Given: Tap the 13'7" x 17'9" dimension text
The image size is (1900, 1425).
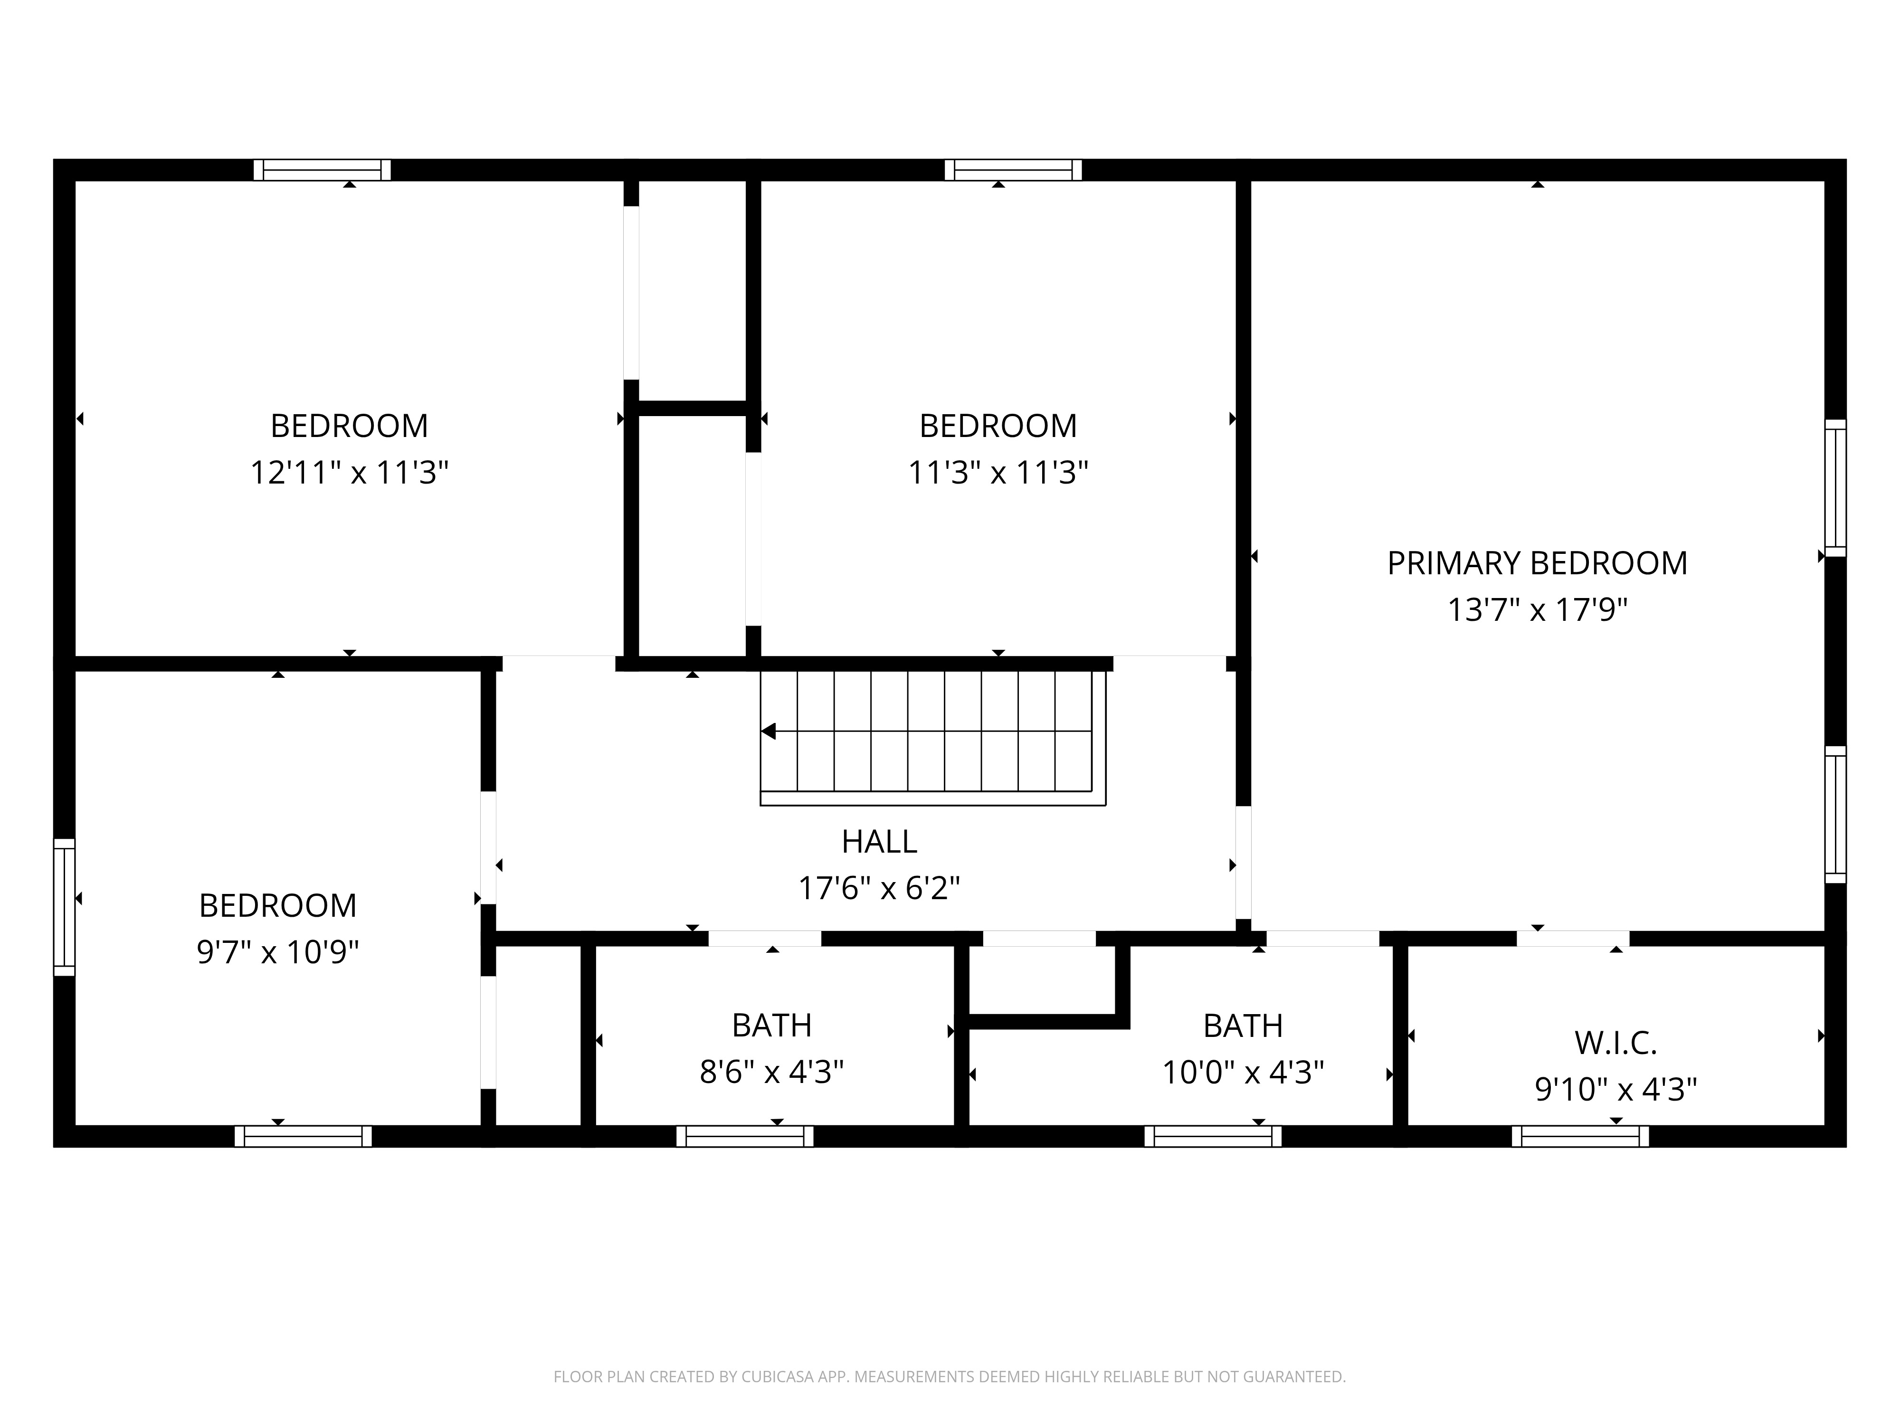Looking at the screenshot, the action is tap(1538, 610).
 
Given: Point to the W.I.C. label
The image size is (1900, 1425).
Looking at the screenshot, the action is tap(1615, 1043).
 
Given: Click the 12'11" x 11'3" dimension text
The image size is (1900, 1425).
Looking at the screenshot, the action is tap(350, 473).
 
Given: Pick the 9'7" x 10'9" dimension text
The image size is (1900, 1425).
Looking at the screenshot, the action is tap(277, 952).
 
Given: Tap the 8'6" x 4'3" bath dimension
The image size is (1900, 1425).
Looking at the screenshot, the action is tap(771, 1072).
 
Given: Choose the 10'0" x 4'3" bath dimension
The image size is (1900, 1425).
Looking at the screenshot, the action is tap(1243, 1072).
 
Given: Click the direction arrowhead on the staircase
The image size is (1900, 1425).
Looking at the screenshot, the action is tap(769, 731).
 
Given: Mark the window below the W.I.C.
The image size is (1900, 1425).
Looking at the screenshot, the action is tap(1580, 1136).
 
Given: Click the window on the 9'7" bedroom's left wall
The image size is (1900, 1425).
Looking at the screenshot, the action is tap(65, 907).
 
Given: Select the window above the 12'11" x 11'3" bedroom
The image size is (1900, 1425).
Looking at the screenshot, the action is tap(322, 170).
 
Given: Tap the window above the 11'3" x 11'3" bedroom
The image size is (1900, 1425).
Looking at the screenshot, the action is tap(1014, 170).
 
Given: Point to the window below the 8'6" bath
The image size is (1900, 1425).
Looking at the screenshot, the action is tap(745, 1136).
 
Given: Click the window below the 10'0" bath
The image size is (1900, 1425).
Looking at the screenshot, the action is tap(1213, 1136).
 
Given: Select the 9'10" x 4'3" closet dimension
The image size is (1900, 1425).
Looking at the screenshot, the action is tap(1615, 1089).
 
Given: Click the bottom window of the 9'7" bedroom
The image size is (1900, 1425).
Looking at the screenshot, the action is tap(303, 1136).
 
